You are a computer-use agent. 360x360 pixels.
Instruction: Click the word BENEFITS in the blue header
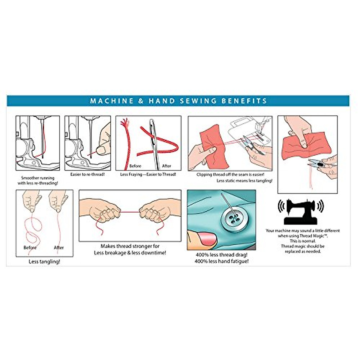[244, 101]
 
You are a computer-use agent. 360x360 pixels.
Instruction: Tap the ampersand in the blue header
[141, 101]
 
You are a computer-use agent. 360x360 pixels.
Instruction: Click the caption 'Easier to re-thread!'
[87, 174]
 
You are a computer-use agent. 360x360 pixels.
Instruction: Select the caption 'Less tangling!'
[44, 262]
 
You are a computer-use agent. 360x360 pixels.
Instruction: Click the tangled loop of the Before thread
[33, 228]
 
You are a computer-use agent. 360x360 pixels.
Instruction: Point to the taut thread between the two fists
[130, 212]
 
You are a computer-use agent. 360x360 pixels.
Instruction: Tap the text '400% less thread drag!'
[221, 255]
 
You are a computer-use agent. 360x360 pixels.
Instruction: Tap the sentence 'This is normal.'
[302, 241]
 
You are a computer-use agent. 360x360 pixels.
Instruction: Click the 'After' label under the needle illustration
[166, 166]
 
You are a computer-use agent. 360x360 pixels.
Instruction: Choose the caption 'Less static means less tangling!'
[244, 181]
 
